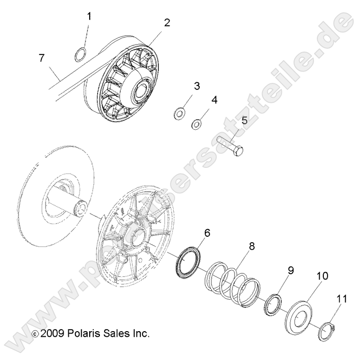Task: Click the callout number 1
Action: coord(89,17)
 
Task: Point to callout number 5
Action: coord(244,120)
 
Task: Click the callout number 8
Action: coord(252,247)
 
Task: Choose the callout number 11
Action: coord(341,300)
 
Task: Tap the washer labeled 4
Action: coord(197,124)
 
